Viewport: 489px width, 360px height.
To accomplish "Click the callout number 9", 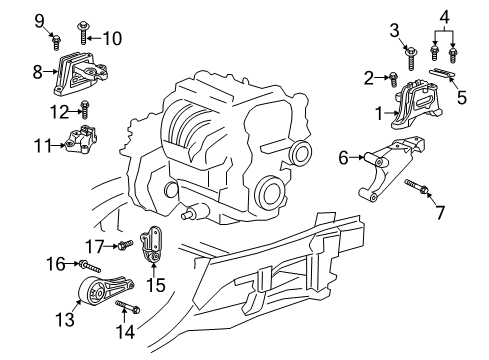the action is [39, 21].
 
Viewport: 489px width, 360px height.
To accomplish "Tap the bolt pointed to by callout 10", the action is [82, 33].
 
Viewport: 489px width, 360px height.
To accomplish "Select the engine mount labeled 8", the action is [80, 74].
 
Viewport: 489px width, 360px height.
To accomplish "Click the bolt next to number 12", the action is [85, 109].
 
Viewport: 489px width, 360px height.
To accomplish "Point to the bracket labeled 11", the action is [81, 139].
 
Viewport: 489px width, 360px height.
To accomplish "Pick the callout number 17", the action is [95, 247].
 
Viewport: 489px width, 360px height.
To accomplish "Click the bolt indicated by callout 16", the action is [89, 266].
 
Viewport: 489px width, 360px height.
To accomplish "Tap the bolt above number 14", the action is [128, 307].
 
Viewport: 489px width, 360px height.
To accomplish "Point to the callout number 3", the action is [394, 31].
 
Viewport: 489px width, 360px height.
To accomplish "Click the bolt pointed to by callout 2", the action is [394, 80].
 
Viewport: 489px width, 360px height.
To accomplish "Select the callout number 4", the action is [444, 17].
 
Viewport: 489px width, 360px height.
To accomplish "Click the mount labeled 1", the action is [417, 105].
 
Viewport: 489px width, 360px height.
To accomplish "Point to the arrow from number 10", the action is [94, 38].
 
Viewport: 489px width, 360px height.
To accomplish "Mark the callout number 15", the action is [156, 285].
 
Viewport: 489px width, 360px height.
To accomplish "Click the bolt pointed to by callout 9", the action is [56, 42].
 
